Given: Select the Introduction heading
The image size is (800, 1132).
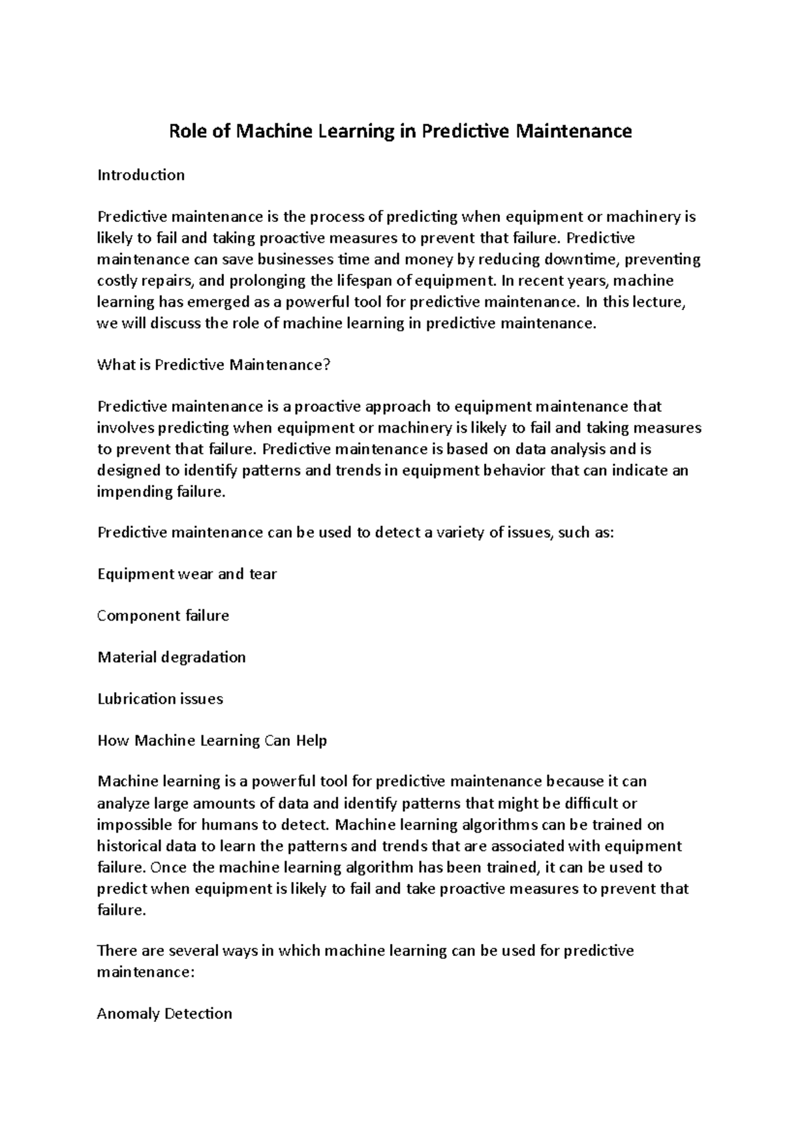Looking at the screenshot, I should pos(141,175).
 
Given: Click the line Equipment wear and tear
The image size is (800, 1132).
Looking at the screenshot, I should pos(187,574).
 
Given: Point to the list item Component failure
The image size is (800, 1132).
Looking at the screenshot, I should pos(163,615).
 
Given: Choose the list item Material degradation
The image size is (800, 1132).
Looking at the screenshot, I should pos(171,657).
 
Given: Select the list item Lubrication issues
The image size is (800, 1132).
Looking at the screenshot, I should pos(160,699).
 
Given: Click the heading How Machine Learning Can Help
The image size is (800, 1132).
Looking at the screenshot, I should pos(212,741).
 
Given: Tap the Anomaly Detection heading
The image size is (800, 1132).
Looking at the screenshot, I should pos(165,1014).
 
